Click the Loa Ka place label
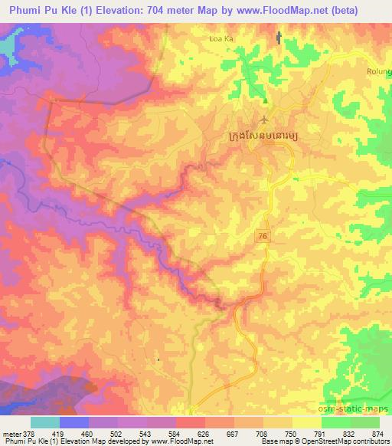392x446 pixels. click(220, 37)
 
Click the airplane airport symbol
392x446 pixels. click(265, 120)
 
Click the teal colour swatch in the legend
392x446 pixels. click(44, 421)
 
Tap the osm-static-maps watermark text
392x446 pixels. click(362, 406)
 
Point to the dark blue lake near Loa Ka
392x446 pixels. click(278, 37)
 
